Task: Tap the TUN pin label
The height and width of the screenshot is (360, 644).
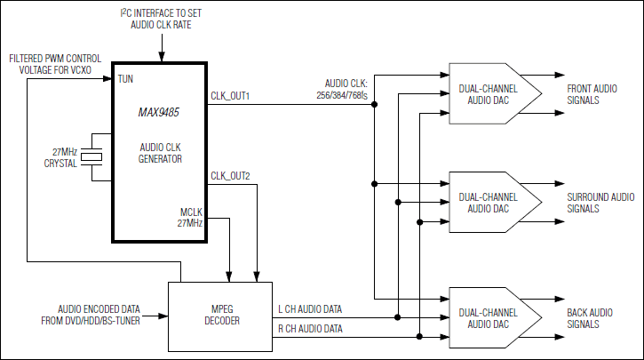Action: [x=125, y=78]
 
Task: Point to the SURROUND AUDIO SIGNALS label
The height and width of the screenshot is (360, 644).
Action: [x=600, y=202]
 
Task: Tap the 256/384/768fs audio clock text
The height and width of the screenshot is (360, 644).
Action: [x=342, y=93]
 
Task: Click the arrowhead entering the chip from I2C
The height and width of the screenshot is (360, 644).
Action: [x=162, y=57]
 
